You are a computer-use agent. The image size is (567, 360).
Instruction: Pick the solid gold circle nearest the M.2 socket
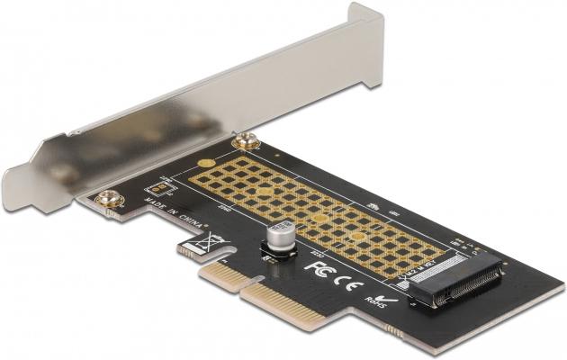[x=358, y=236]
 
